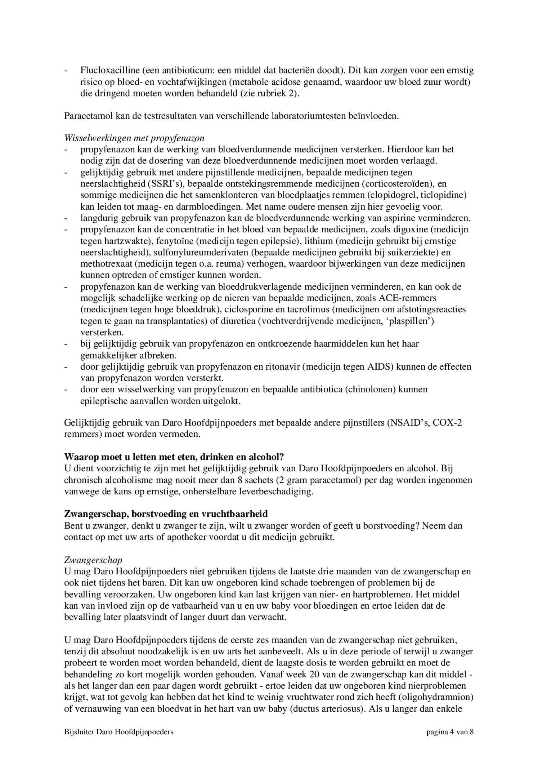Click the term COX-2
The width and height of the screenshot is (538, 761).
click(x=447, y=423)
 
